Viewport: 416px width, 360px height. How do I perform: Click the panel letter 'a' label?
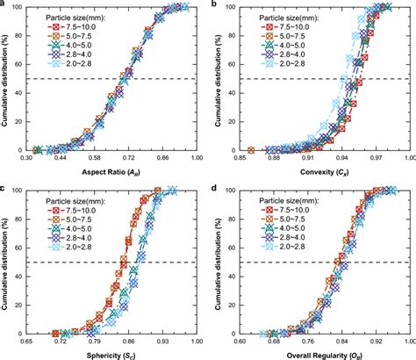[4, 4]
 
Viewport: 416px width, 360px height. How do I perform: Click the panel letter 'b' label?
[217, 4]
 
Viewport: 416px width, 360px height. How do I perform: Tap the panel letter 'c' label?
[4, 187]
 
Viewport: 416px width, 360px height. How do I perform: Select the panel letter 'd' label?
[217, 187]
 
